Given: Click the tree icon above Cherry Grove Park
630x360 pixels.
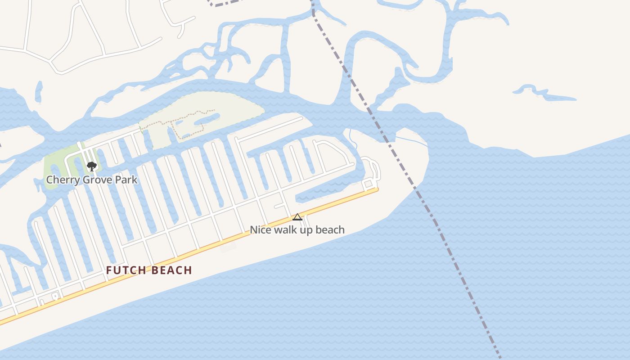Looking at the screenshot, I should tap(92, 166).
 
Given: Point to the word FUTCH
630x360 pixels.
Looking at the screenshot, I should tap(126, 270).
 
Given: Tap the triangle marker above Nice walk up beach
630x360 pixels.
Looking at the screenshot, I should tap(297, 217).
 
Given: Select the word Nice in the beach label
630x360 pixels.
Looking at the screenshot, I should tap(259, 230).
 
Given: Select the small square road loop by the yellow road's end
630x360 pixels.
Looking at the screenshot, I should tap(368, 184).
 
